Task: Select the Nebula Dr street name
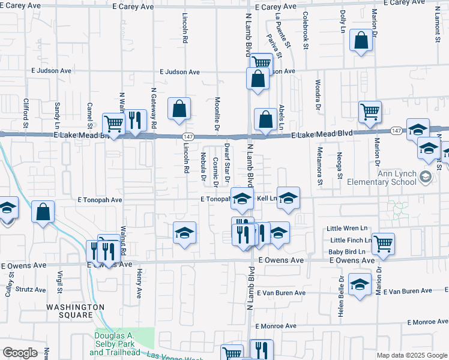tap(203, 167)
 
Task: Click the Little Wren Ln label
tap(346, 229)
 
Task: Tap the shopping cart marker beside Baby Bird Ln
tap(383, 244)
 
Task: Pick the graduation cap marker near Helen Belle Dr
tap(360, 284)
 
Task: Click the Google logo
tap(20, 353)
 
